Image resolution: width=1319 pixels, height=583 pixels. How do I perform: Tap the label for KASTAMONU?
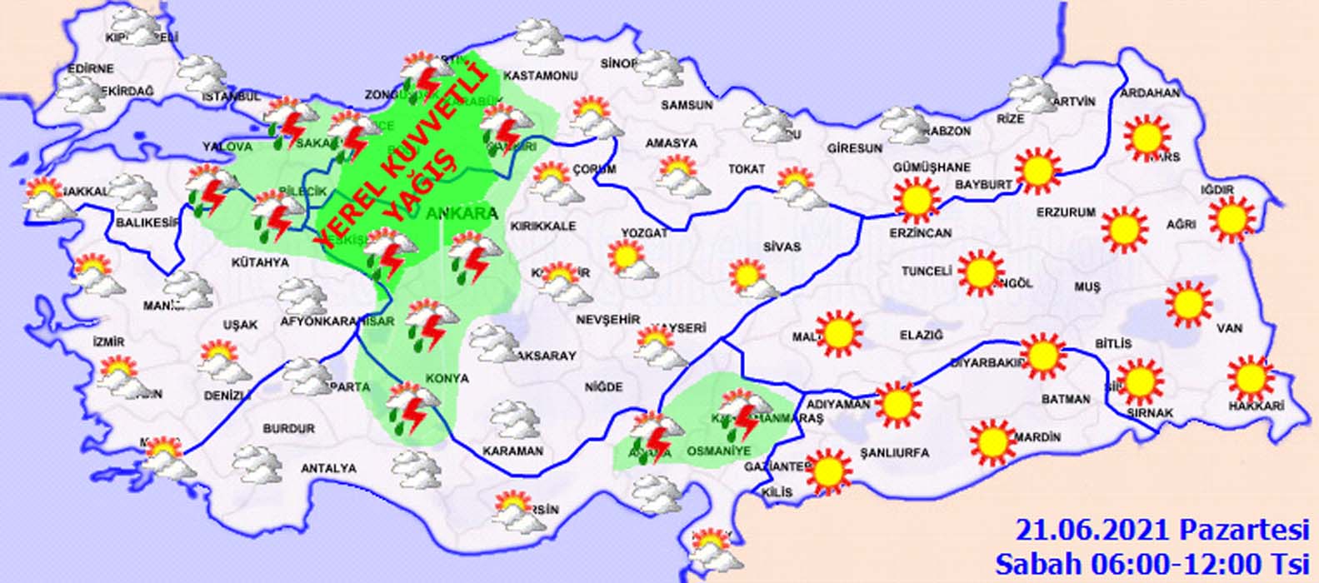(x=542, y=76)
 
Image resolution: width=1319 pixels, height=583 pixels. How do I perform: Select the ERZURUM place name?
(x=1066, y=212)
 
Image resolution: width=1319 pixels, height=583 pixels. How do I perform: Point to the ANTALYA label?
(x=328, y=469)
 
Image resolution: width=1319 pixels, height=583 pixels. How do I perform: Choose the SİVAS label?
(x=782, y=247)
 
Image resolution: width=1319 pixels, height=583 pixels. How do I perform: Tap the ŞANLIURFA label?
(x=894, y=453)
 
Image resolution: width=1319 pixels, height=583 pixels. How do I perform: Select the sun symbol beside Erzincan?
(x=917, y=199)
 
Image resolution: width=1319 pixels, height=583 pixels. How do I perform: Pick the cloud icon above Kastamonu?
(x=539, y=37)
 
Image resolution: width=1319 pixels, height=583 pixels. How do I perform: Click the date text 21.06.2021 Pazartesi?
(x=1162, y=529)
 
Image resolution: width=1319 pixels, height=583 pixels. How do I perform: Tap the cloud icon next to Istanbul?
(x=202, y=75)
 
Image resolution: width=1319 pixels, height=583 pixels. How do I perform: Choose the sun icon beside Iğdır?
(x=1232, y=219)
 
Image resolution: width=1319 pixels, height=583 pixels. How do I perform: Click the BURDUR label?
(x=289, y=429)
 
